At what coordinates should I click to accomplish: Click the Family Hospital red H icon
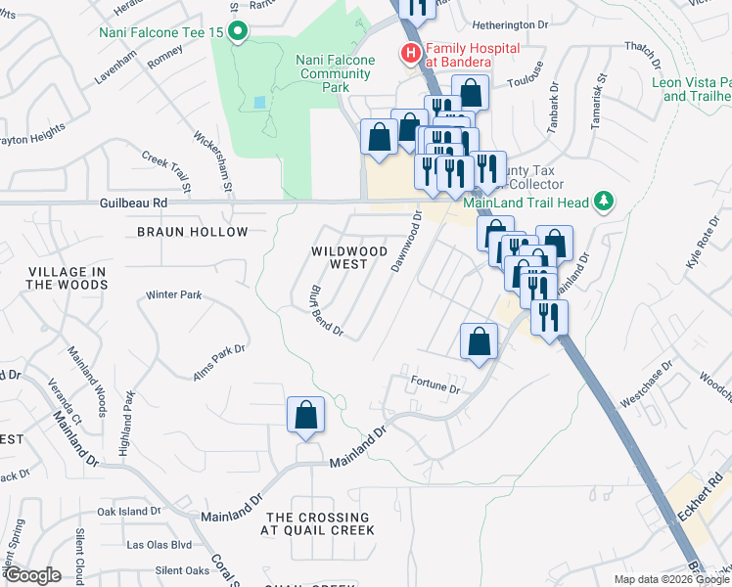411,53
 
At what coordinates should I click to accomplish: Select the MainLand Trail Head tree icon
604,202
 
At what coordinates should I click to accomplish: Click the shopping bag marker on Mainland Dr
306,415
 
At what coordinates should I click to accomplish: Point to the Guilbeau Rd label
134,203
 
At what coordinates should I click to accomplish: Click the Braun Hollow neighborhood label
193,232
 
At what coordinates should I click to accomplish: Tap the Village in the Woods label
68,278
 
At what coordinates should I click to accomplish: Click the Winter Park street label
173,294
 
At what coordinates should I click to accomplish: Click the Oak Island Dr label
128,512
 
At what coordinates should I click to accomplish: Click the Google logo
32,575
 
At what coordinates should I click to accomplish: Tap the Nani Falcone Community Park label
336,73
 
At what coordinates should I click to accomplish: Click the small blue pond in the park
257,103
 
